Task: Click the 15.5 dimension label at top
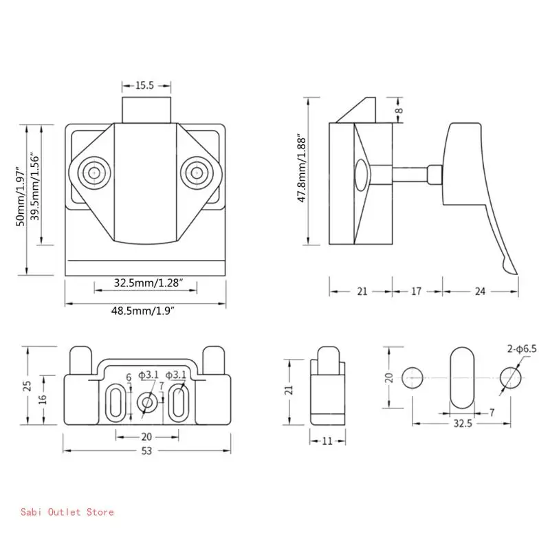pos(144,85)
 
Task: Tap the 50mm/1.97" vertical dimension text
pos(21,197)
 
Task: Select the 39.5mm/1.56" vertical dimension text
pos(34,186)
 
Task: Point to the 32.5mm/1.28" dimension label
pos(148,283)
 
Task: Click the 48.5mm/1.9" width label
pos(143,311)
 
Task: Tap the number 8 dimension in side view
pos(399,111)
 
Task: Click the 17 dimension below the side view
pos(416,291)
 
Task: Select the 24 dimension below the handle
pos(480,291)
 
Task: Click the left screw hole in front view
pos(94,173)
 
